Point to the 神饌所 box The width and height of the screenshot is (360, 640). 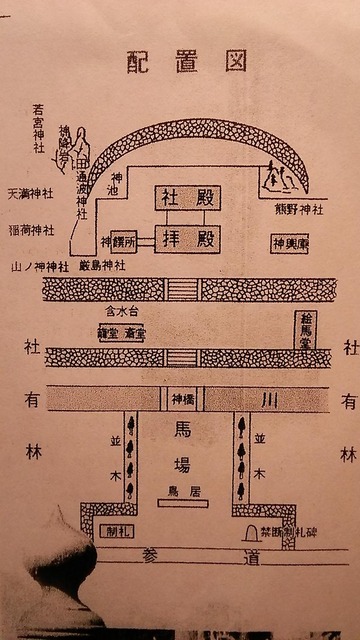119,243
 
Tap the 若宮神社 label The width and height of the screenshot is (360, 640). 39,131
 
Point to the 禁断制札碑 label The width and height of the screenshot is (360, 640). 288,533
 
